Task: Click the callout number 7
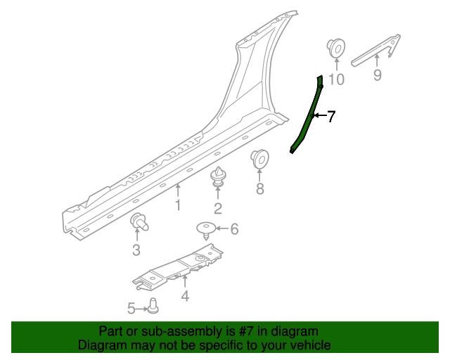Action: tap(330, 116)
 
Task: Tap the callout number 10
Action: tap(336, 79)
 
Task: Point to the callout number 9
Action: tap(378, 75)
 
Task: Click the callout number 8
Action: tap(259, 188)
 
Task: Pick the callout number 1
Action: tap(178, 205)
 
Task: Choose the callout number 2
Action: tap(218, 207)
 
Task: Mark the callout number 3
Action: tap(136, 250)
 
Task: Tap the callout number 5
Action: tap(131, 307)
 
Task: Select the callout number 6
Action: tap(234, 229)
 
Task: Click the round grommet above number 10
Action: tap(335, 49)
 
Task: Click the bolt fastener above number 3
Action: tap(140, 223)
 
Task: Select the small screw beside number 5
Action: tap(153, 305)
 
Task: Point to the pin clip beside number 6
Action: tap(205, 229)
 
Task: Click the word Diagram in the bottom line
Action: tap(100, 345)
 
